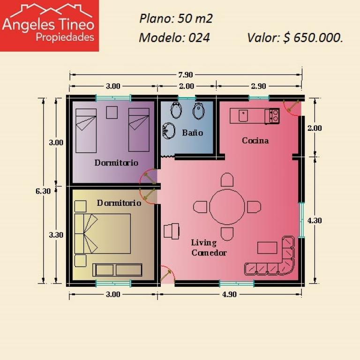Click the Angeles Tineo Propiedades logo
tap(49, 25)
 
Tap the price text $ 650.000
tap(313, 37)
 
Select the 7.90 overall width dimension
tap(186, 75)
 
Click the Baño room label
tap(192, 133)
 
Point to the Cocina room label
tap(255, 140)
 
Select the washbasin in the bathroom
tap(169, 131)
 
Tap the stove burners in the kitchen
tap(275, 115)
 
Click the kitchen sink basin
tap(243, 115)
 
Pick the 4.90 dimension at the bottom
tap(229, 294)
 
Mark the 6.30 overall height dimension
tap(43, 191)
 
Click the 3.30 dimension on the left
tap(56, 235)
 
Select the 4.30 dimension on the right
tap(315, 220)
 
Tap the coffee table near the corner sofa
tap(267, 247)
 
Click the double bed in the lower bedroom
tap(103, 234)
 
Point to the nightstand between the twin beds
tap(112, 112)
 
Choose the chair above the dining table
tap(227, 180)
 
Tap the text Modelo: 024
tap(174, 37)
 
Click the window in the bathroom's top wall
tap(187, 98)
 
